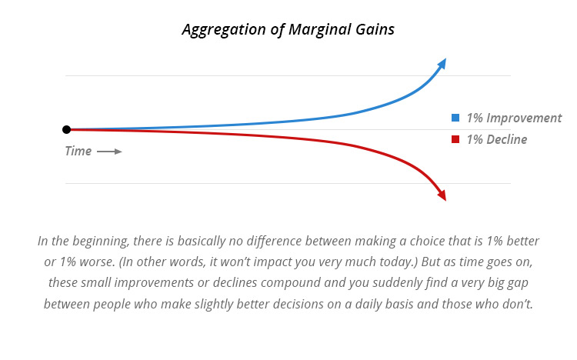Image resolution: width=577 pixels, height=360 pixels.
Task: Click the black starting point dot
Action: click(67, 129)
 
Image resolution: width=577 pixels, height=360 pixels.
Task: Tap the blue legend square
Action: click(455, 118)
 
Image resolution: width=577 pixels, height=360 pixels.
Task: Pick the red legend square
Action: click(455, 140)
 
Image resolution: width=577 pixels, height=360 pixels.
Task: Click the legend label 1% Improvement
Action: click(514, 118)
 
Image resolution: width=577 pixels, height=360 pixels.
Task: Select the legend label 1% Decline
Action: click(497, 140)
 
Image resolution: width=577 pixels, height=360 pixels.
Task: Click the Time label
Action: click(78, 152)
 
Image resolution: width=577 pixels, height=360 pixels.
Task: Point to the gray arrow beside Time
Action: click(109, 152)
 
